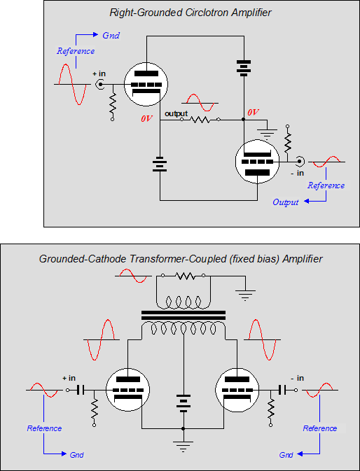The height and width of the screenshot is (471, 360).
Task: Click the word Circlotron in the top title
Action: pos(204,13)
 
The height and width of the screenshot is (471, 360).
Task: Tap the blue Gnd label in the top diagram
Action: pos(111,36)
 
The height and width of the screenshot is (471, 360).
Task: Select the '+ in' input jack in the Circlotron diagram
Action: pos(99,85)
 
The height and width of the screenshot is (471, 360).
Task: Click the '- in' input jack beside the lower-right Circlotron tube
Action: pos(299,162)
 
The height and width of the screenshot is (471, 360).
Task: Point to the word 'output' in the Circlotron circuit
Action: pos(176,113)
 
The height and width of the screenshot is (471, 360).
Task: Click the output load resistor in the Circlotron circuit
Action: pos(200,120)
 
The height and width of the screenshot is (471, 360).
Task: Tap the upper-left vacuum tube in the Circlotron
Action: pos(146,84)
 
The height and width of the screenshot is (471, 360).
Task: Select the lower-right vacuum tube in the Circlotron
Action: pos(257,161)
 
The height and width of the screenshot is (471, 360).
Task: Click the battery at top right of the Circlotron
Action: pos(244,68)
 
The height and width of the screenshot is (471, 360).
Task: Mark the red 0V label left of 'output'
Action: pos(146,119)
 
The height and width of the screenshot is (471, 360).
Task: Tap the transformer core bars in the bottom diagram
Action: pos(184,315)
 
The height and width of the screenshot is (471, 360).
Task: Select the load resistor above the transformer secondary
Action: pos(184,276)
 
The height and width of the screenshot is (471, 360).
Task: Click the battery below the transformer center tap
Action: pos(184,405)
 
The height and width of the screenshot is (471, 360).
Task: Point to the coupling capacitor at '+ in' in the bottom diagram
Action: pos(81,390)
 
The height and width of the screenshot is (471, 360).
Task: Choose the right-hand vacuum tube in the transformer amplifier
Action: pos(237,390)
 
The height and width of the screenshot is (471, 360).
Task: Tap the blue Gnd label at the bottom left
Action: pos(76,455)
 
